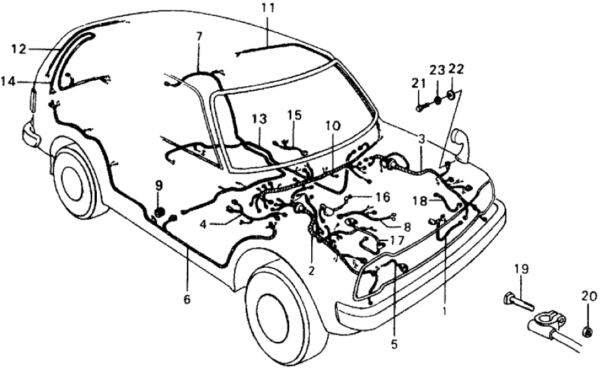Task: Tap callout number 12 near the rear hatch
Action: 18,48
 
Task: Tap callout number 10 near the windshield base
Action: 332,126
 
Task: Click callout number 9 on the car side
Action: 159,186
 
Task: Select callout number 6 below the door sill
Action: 187,299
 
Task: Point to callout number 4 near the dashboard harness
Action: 203,225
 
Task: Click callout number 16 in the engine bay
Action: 381,198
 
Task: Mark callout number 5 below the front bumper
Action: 394,345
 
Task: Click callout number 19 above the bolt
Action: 522,269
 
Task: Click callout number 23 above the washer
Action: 437,69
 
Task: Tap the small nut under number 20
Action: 587,331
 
